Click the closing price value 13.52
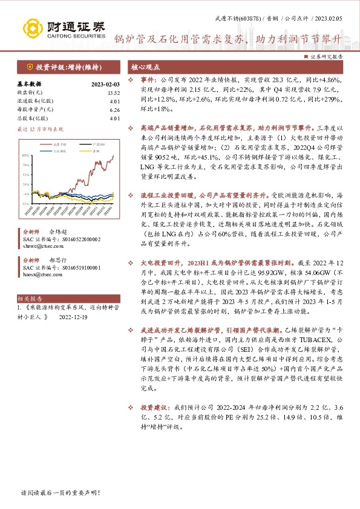[x=114, y=93]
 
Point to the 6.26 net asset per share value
[x=114, y=110]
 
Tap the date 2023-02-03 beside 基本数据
[x=105, y=85]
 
